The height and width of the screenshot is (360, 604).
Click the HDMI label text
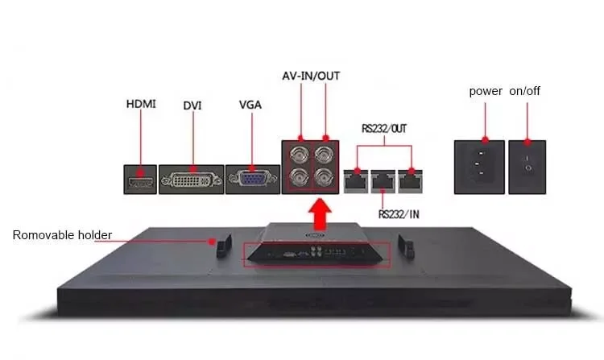point(140,104)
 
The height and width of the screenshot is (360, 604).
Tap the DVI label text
point(192,106)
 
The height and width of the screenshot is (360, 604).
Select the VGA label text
point(250,104)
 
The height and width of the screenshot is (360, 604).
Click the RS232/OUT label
point(384,127)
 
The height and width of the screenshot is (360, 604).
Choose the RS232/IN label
point(400,214)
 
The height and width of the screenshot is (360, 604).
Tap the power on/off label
point(504,91)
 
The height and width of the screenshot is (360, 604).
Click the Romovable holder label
point(62,235)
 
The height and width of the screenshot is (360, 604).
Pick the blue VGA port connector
point(251,179)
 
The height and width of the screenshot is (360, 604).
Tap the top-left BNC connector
point(298,155)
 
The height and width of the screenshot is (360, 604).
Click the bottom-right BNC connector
point(325,180)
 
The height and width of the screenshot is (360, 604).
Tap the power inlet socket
point(480,167)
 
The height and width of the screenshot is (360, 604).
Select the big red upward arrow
point(321,215)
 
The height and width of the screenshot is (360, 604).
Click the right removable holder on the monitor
point(407,244)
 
